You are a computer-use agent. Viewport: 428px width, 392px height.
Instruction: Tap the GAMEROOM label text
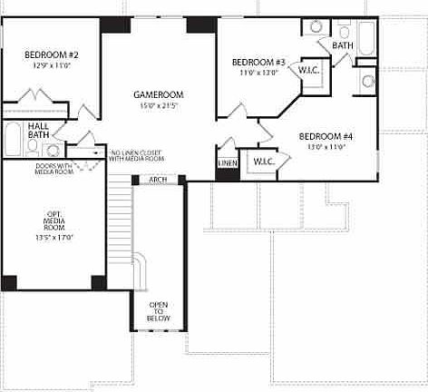(x=159, y=93)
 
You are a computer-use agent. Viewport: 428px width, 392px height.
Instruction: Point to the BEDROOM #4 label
(x=326, y=136)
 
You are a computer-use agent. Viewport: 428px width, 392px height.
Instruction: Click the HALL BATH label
(x=38, y=129)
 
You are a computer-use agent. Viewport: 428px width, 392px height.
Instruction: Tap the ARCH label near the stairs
(x=158, y=180)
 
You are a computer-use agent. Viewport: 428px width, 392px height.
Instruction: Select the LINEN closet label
(x=227, y=164)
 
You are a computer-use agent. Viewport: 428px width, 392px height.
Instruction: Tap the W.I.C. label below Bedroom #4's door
(x=264, y=162)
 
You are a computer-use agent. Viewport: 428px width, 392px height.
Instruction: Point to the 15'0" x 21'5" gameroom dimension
(x=159, y=105)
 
